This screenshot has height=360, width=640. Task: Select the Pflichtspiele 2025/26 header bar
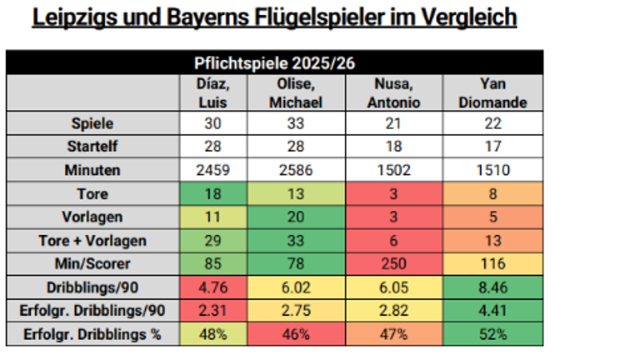click(x=275, y=62)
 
